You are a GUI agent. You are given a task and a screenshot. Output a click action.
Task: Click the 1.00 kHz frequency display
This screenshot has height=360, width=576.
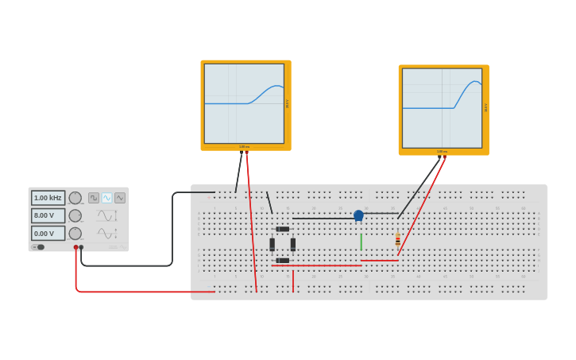pos(48,198)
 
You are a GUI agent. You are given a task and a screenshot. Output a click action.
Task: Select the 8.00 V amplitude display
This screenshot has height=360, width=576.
pos(48,215)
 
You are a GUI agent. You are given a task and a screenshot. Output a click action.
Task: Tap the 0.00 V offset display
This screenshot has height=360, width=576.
pos(48,234)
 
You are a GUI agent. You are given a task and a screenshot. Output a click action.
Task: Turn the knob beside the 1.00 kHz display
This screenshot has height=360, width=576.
pos(75,198)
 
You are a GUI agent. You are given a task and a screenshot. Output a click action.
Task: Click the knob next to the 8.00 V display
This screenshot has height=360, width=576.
pos(75,215)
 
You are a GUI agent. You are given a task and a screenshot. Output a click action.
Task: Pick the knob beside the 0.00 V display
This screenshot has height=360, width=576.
pos(75,234)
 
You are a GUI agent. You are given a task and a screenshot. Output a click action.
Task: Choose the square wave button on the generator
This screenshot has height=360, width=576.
pos(94,198)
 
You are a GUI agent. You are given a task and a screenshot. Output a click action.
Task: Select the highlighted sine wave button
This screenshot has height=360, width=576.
pos(106,198)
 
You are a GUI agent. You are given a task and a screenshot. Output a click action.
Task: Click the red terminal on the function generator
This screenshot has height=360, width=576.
pos(76,247)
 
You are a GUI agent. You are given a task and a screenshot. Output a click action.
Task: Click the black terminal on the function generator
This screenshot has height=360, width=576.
pos(81,247)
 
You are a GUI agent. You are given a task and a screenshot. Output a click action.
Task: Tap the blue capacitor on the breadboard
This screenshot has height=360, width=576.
pos(358,215)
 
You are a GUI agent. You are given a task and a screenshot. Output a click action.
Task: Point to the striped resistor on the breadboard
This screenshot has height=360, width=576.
pos(398,240)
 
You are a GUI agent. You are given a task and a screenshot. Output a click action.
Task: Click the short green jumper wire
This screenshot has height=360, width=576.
pos(361,242)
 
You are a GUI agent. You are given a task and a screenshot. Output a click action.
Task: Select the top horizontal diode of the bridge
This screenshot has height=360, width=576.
pos(283,229)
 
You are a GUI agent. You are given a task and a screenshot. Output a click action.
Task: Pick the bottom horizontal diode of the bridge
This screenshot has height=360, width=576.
pos(283,261)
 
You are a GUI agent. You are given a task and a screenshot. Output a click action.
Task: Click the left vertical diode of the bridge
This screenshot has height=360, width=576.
pos(272,245)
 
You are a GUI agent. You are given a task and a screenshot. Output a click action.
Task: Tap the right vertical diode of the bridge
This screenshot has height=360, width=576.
pos(293,245)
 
